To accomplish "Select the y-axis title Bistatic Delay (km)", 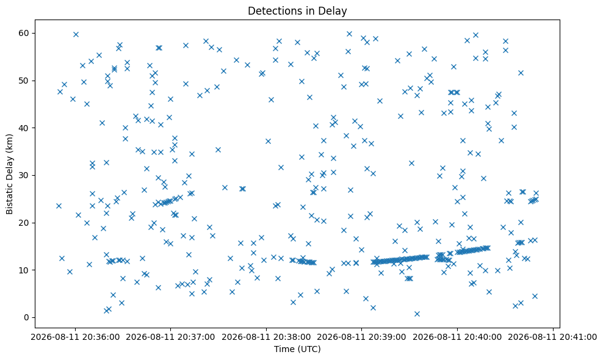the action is (9, 175).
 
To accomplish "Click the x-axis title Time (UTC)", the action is (297, 349).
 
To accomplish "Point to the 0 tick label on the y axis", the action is (27, 318).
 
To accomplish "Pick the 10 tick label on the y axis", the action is (24, 270).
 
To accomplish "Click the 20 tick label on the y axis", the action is (24, 223).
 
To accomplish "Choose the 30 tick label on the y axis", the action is (24, 175).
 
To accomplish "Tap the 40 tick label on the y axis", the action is (24, 128).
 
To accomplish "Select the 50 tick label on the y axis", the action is (24, 81).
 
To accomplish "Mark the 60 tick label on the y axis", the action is (24, 33).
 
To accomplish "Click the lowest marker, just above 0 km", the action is (417, 314).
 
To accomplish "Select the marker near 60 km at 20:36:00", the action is (76, 34).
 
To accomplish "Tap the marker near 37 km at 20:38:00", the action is (268, 141).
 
